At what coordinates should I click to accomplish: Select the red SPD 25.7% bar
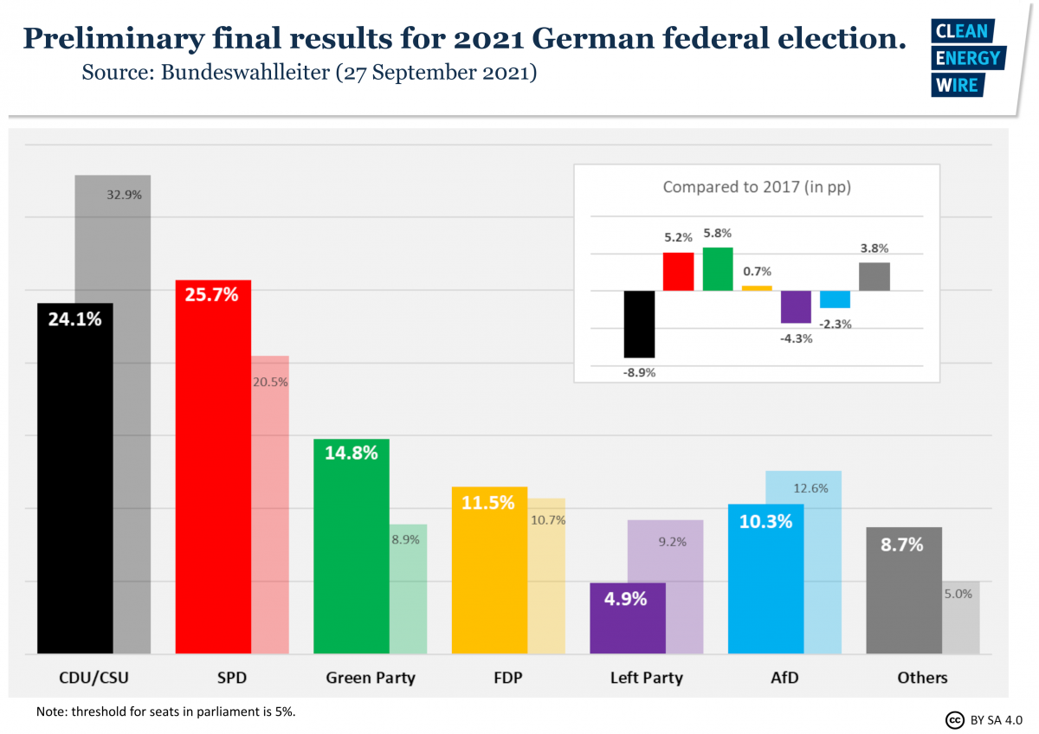coord(213,467)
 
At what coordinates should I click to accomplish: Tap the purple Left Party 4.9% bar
coord(627,618)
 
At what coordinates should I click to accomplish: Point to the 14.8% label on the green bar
coord(351,452)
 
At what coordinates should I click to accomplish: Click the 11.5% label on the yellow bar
coord(488,502)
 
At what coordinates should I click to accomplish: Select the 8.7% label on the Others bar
coord(901,544)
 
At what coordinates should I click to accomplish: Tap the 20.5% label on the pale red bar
coord(270,382)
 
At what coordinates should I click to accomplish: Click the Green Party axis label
coord(370,678)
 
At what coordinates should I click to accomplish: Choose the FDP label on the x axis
coord(507,678)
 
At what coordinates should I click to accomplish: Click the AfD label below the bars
coord(784,678)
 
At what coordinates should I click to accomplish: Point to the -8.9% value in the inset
coord(639,373)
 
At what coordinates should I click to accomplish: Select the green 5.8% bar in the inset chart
coord(718,268)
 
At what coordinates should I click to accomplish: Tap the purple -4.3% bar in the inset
coord(796,306)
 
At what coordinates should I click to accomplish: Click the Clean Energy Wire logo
coord(967,58)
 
